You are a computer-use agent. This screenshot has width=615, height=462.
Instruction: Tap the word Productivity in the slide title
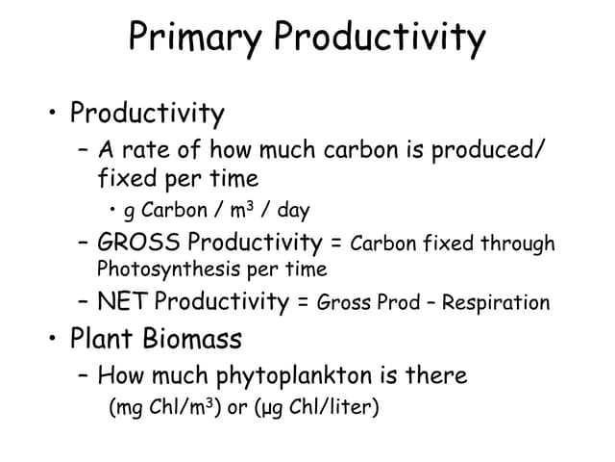[x=380, y=38]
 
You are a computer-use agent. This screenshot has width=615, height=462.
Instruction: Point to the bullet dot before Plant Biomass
[x=49, y=339]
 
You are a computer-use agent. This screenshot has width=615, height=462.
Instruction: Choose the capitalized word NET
[x=123, y=301]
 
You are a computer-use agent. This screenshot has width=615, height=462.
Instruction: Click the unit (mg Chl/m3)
[x=165, y=407]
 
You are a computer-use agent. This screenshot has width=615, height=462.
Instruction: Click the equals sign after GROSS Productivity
[x=335, y=243]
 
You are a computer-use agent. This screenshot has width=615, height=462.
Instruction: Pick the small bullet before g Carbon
[x=114, y=209]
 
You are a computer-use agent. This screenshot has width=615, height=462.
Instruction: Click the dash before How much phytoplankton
[x=84, y=374]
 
